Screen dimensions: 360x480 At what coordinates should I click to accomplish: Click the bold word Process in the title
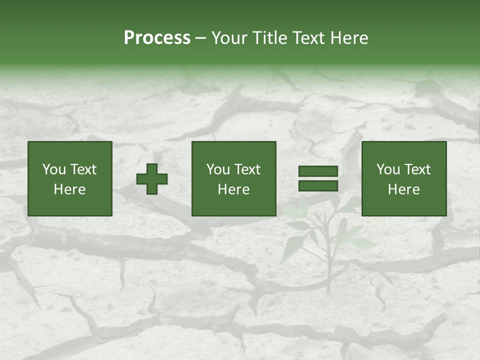coord(157,38)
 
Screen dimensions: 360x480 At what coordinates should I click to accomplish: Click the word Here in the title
coord(349,38)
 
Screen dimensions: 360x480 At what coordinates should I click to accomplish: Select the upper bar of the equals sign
coord(318,171)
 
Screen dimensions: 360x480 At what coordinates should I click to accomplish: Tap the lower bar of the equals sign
coord(318,185)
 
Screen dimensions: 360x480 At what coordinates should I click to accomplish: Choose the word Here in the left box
coord(69,189)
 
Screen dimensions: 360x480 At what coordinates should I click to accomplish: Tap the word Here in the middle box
coord(233,189)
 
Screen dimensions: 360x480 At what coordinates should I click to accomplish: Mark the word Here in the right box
coord(403,189)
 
